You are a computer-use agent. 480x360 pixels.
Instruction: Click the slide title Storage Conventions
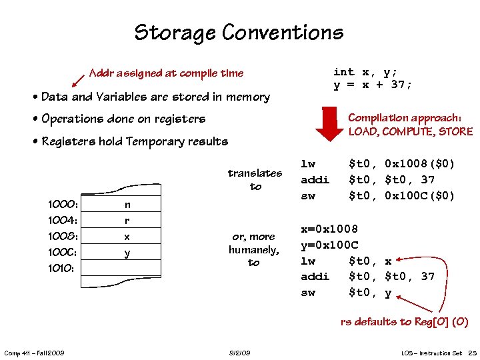click(239, 32)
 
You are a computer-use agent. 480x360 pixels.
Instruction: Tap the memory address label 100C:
click(64, 253)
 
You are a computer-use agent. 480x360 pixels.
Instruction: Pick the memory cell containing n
click(127, 205)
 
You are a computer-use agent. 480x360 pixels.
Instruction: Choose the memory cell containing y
click(127, 253)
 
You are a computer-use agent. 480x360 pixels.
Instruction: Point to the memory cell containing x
click(127, 237)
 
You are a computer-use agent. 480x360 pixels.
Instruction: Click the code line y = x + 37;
click(373, 85)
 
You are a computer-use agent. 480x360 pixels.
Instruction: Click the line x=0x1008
click(329, 229)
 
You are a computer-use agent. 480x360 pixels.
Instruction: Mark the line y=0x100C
click(329, 245)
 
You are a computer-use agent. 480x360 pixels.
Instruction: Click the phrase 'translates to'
click(255, 179)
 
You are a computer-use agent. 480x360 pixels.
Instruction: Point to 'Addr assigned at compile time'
click(166, 73)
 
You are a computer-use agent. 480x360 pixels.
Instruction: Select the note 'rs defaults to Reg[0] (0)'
click(404, 322)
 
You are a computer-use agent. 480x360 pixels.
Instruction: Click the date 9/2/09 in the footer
click(239, 352)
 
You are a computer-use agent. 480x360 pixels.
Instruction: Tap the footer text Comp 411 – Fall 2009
click(33, 352)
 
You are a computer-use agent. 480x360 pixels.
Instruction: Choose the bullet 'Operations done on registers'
click(123, 119)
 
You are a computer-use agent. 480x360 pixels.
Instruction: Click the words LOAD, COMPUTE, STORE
click(410, 131)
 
